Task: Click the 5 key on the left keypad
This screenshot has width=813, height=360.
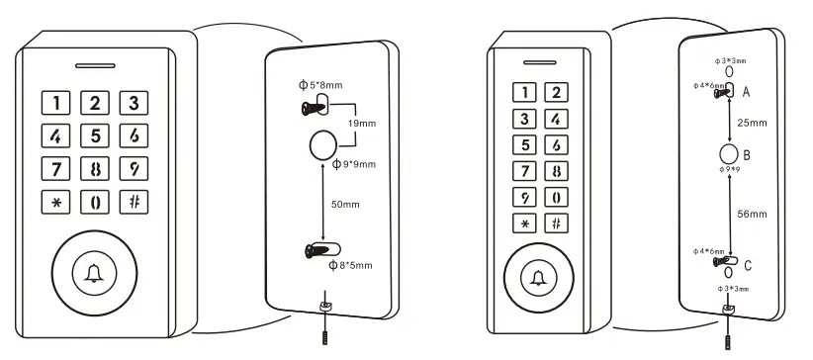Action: pos(95,135)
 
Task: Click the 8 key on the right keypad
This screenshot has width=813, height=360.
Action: pos(557,170)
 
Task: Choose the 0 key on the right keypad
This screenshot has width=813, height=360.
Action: pos(557,196)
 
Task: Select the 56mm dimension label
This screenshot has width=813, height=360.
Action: pos(753,212)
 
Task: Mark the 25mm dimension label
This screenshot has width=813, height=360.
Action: pos(752,126)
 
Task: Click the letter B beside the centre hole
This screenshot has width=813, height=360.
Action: pos(748,156)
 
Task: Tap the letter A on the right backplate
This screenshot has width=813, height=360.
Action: pos(745,92)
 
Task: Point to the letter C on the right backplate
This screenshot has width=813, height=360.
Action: pos(747,265)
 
